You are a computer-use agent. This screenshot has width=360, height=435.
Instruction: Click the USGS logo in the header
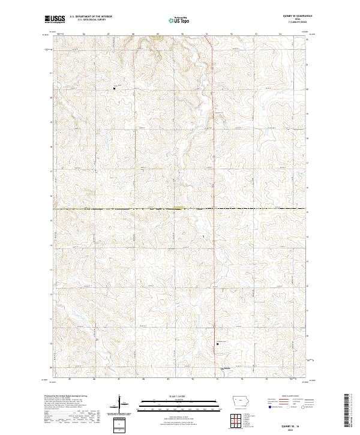pyautogui.click(x=55, y=19)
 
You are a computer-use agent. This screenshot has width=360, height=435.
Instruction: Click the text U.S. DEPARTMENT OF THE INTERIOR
pyautogui.click(x=91, y=17)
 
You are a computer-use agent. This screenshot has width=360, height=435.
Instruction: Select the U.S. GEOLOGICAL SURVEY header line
pyautogui.click(x=88, y=20)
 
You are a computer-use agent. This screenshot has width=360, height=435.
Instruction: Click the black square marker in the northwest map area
pyautogui.click(x=115, y=89)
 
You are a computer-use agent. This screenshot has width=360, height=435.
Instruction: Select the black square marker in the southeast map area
pyautogui.click(x=217, y=344)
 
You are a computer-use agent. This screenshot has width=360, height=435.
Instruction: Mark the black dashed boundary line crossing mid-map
pyautogui.click(x=120, y=209)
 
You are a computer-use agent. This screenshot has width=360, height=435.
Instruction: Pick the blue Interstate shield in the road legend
pyautogui.click(x=271, y=407)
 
